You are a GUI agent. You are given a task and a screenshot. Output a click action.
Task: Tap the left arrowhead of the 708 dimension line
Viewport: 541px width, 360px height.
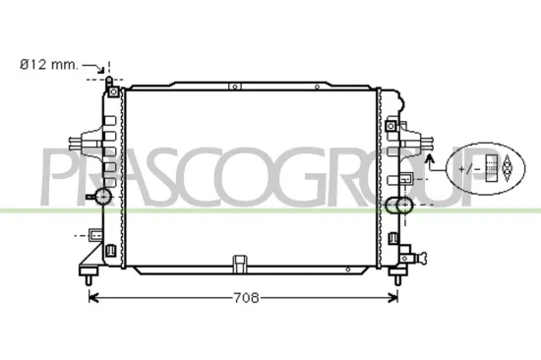94,297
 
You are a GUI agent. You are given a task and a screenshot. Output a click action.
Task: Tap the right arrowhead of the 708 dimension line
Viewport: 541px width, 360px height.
395,297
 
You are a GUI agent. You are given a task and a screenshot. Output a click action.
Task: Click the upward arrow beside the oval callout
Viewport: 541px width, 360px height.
431,162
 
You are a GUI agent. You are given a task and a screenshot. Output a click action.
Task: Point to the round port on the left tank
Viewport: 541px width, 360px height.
101,198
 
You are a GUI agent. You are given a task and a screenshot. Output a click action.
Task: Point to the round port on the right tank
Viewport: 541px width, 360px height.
398,207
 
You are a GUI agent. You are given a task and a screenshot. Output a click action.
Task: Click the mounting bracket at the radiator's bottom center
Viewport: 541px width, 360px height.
239,265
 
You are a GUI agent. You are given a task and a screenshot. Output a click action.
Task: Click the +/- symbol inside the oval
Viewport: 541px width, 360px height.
475,168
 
